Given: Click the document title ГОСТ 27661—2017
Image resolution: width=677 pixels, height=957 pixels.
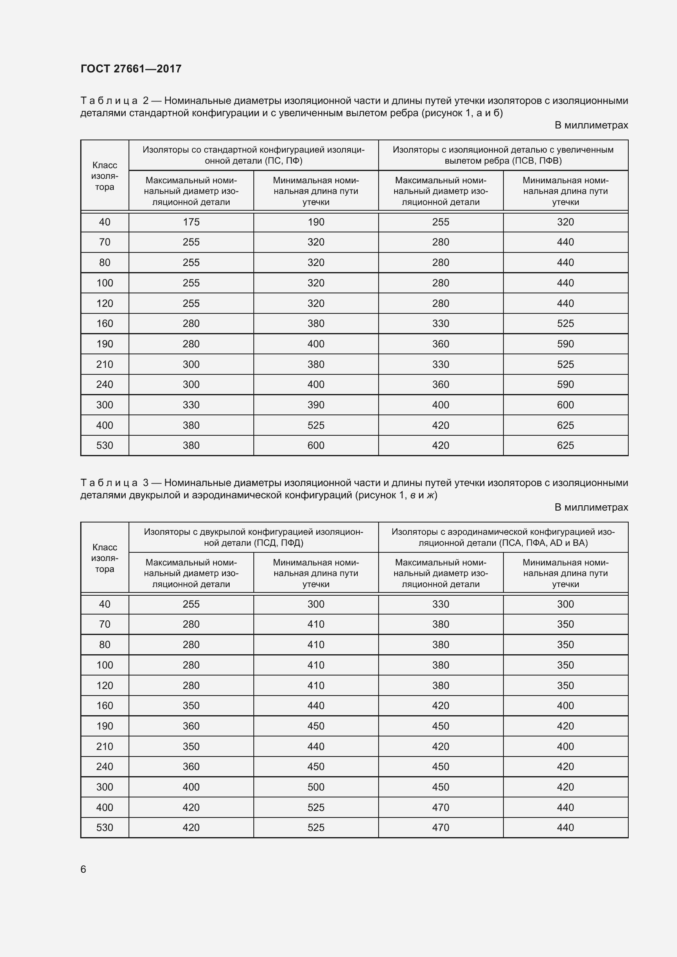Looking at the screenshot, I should tap(131, 69).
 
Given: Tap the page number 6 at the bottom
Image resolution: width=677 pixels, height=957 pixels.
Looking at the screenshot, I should tap(83, 869).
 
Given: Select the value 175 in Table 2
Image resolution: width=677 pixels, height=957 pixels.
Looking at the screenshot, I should tap(191, 222).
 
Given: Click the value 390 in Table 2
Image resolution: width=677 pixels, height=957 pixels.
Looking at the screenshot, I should tap(316, 405).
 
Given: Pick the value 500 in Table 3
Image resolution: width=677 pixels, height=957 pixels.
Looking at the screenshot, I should tap(316, 787).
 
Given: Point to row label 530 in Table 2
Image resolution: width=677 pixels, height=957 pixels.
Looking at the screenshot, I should tap(105, 446).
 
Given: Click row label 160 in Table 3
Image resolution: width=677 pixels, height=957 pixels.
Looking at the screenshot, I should tap(105, 706).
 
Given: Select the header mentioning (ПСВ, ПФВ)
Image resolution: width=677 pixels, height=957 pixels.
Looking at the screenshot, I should tap(503, 155).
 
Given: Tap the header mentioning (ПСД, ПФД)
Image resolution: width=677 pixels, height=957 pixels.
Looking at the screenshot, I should tap(253, 537).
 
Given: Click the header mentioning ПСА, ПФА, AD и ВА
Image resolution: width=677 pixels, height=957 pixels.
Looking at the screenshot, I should tap(503, 537).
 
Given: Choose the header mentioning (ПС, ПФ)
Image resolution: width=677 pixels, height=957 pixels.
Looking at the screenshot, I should tap(253, 155).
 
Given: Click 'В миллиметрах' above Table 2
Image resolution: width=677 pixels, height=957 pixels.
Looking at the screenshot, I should tap(591, 125).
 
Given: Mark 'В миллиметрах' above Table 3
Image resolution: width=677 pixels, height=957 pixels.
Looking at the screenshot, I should tap(591, 507).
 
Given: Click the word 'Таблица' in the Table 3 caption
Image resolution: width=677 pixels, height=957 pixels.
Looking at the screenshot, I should tap(109, 483).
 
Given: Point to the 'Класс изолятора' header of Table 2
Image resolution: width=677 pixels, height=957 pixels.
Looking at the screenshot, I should tap(105, 176).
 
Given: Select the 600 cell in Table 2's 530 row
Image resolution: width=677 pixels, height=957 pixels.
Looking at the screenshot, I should tap(316, 446).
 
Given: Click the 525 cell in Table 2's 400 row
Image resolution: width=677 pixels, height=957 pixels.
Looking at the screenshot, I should tap(316, 425).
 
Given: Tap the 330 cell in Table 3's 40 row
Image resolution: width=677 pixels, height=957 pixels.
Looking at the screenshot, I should tap(441, 604).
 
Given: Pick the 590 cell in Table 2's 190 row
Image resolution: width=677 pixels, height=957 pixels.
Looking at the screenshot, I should tap(565, 344).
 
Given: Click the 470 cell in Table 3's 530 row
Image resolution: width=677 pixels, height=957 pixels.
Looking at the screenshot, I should tap(441, 827).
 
